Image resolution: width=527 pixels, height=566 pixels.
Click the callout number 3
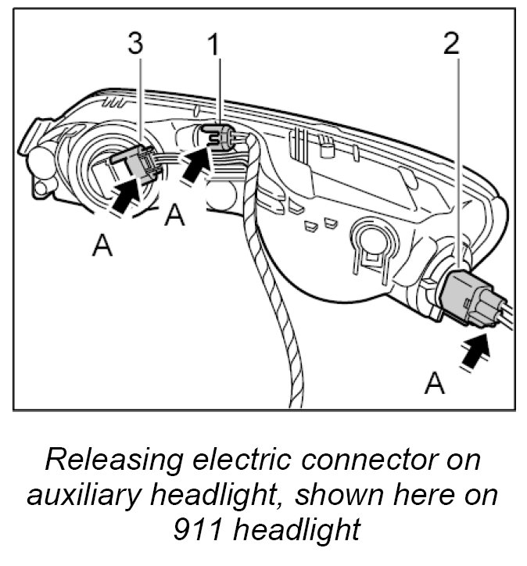click(x=136, y=44)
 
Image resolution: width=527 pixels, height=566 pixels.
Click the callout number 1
click(x=212, y=45)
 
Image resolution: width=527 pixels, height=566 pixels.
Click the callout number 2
click(x=451, y=44)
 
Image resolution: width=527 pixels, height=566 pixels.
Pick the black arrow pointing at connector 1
click(x=197, y=164)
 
